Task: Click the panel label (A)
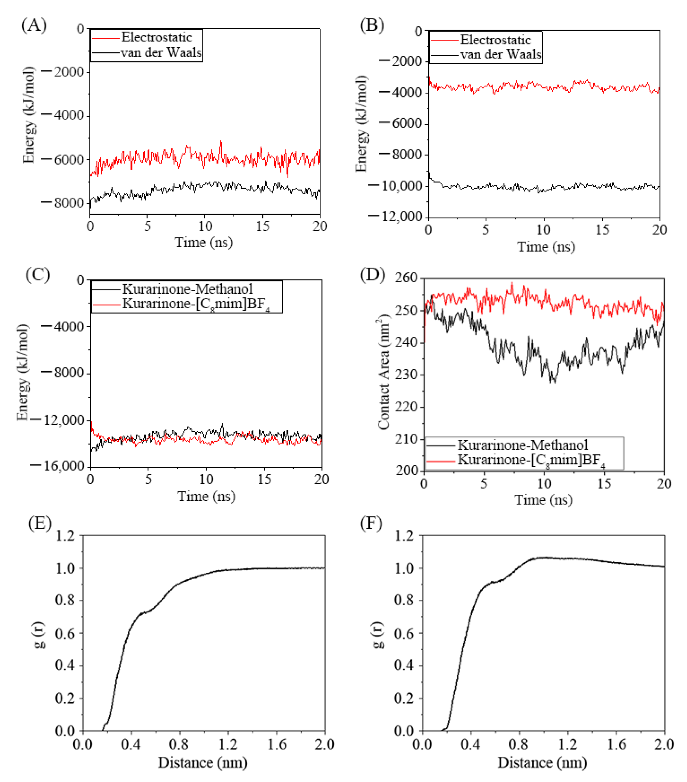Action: (x=34, y=25)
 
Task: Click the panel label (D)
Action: (x=372, y=275)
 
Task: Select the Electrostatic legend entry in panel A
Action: (x=156, y=38)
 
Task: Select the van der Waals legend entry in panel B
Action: (x=500, y=55)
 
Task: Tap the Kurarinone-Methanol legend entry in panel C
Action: (x=187, y=289)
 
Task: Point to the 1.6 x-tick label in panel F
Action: (x=617, y=744)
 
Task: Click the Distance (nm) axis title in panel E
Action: (x=203, y=762)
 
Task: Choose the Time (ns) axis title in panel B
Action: (x=546, y=246)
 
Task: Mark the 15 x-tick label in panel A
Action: (x=262, y=227)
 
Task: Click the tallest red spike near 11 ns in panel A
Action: (x=221, y=142)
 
